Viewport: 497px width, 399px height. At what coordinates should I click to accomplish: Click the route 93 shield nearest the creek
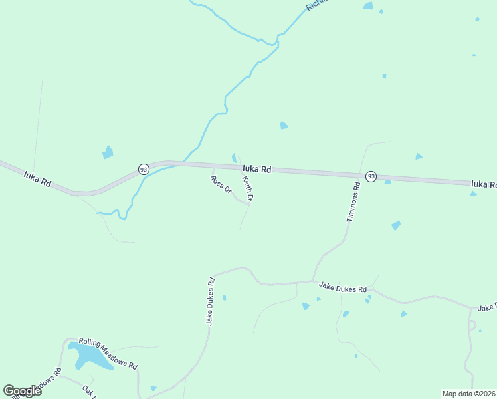coord(144,170)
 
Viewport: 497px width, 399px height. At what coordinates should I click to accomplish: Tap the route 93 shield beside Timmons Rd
coord(371,176)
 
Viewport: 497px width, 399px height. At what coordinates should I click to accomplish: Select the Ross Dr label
coord(221,184)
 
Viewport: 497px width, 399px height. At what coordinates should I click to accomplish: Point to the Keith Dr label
coord(248,188)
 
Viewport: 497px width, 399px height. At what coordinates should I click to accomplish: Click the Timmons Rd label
coord(353,202)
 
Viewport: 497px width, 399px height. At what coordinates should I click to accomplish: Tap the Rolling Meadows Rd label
coord(108,354)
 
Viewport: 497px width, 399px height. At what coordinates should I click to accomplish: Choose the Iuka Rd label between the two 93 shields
coord(256,170)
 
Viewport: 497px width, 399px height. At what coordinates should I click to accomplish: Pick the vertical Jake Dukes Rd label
coord(210,301)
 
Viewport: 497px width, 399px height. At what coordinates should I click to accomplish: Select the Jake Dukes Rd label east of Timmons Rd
coord(343,287)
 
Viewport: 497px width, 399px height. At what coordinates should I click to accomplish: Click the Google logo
coord(23,391)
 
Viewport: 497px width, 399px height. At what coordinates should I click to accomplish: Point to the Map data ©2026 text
coord(468,394)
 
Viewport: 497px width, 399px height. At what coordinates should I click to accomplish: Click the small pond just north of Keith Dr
coord(234,158)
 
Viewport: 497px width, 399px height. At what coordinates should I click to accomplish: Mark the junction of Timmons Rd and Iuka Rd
coord(359,174)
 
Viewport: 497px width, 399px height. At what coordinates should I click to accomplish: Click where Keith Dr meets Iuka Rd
coord(240,166)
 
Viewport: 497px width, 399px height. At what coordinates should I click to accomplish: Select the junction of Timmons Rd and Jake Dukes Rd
coord(313,281)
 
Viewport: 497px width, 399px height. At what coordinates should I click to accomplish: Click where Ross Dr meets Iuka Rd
coord(211,166)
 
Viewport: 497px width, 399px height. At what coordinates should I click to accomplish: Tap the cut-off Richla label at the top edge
coord(316,6)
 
